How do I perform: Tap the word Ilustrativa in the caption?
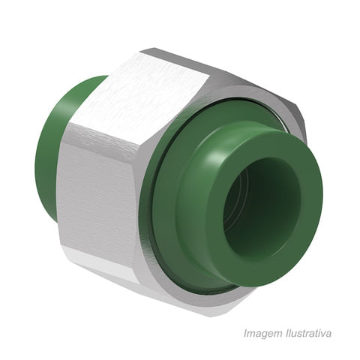308,333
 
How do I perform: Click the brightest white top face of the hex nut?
140,97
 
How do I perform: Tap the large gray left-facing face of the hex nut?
97,190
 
